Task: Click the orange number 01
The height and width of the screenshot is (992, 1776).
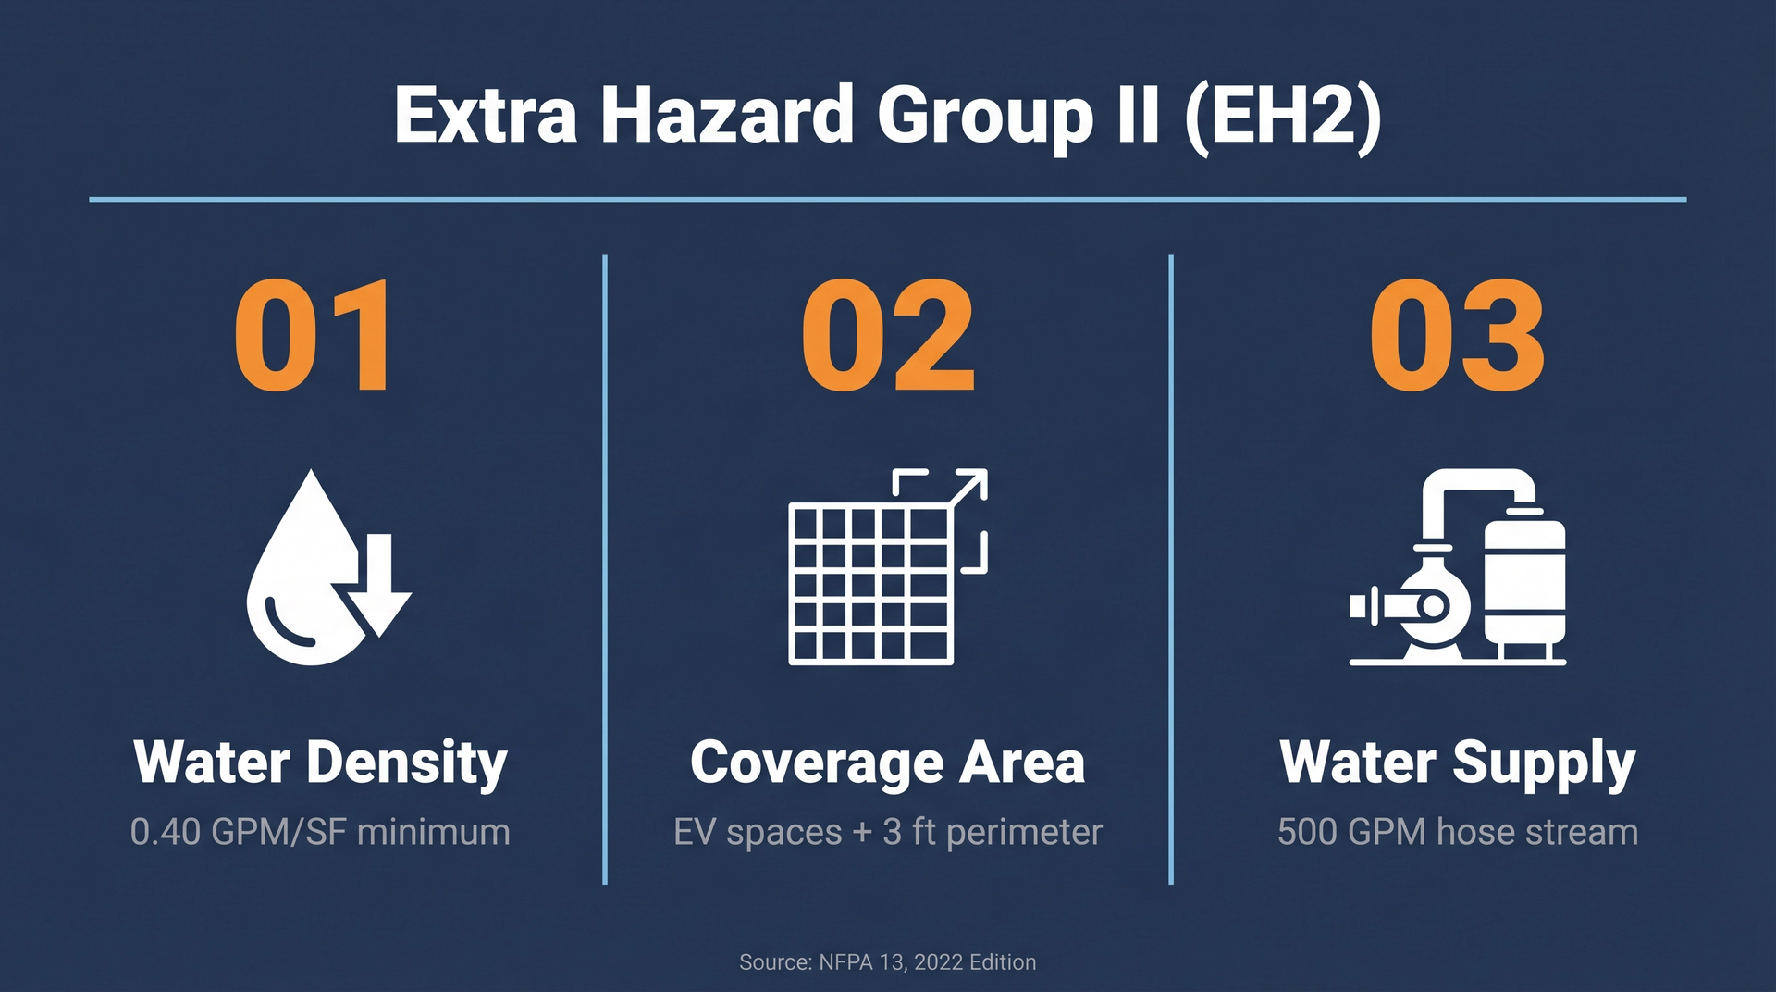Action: point(314,335)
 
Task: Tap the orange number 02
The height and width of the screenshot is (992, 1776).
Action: point(888,335)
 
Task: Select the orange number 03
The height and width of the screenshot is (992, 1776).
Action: point(1457,335)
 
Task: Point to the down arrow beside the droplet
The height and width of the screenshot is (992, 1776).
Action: point(379,588)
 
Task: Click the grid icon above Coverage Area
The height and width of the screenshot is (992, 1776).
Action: point(870,584)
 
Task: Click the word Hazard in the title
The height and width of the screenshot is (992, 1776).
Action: point(727,116)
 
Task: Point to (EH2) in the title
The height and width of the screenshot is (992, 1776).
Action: point(1283,118)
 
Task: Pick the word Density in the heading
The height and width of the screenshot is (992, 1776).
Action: point(407,764)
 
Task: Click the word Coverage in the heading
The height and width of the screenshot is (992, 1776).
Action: point(817,764)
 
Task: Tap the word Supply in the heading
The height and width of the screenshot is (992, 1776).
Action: point(1544,764)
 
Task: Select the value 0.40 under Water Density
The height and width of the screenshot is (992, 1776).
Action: point(166,832)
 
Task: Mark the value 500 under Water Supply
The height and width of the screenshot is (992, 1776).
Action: point(1306,832)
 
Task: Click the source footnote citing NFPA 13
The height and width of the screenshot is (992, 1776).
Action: point(888,962)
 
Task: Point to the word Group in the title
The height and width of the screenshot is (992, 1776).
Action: point(985,118)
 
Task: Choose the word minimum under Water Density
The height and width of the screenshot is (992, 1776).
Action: point(434,832)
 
